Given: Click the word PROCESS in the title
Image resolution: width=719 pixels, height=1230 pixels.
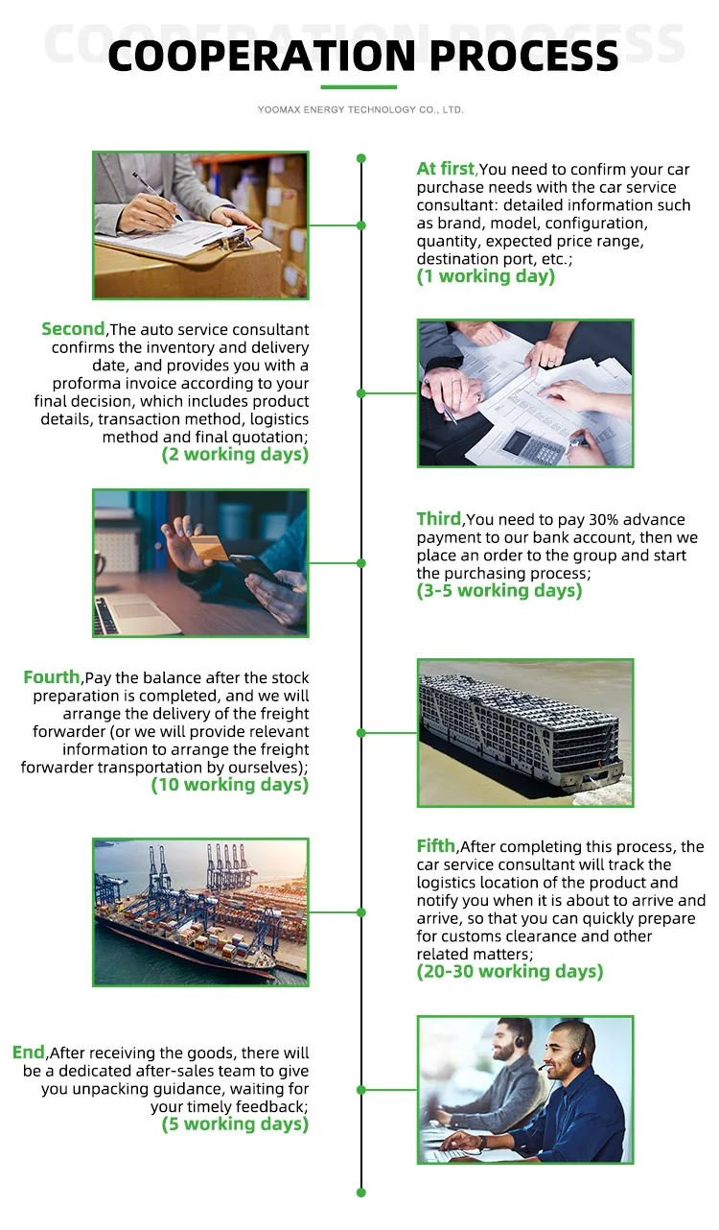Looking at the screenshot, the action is click(x=526, y=56).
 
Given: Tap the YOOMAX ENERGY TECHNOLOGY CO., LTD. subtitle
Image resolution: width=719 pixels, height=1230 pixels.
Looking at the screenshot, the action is click(x=360, y=110).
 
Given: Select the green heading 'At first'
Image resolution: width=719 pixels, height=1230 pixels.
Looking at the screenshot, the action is click(x=446, y=169).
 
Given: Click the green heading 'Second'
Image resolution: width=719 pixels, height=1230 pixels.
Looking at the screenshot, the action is click(x=72, y=329).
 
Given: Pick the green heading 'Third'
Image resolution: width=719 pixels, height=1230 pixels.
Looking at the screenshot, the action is click(x=438, y=519).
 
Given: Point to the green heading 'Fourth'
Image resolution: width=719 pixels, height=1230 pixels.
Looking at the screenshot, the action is click(x=52, y=677).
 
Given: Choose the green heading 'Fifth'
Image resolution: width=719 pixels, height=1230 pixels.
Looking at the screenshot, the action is click(x=435, y=845).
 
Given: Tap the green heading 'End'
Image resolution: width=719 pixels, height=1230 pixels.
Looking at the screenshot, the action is click(x=29, y=1053).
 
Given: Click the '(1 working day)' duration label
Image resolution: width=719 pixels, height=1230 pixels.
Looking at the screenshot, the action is click(x=485, y=276).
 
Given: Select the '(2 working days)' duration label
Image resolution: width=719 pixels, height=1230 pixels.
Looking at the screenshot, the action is click(x=235, y=454).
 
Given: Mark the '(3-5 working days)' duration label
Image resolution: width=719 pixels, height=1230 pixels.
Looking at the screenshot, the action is click(x=499, y=591).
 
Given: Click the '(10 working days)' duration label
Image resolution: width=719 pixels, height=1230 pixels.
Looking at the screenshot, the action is click(x=230, y=785).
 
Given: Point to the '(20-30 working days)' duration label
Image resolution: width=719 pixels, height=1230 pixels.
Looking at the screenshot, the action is click(x=509, y=971).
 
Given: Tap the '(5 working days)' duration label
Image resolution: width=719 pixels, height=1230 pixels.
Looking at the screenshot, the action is click(x=235, y=1124).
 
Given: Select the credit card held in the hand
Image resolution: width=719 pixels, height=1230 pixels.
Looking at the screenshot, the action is click(x=207, y=548).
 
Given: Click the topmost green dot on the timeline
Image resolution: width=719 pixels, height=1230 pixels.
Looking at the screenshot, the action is click(x=361, y=158).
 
